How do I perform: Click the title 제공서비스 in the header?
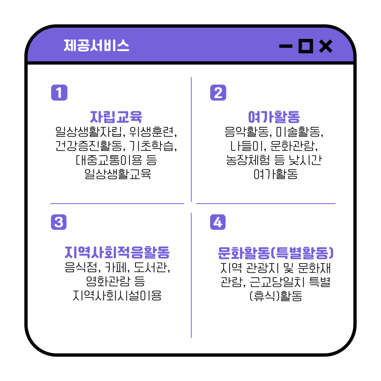(x=96, y=46)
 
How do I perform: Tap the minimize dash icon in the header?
(x=286, y=46)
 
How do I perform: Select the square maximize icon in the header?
(x=306, y=46)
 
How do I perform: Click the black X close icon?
(x=326, y=46)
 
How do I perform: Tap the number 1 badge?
(x=59, y=92)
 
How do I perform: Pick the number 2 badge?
(x=218, y=92)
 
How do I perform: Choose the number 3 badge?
(x=59, y=222)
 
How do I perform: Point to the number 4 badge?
(x=218, y=222)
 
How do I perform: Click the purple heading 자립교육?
(x=116, y=117)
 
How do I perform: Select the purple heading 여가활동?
(x=274, y=117)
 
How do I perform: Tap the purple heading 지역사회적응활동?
(x=117, y=252)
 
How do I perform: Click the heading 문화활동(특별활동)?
(x=276, y=253)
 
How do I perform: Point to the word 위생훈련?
(x=152, y=132)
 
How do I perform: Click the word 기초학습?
(x=152, y=146)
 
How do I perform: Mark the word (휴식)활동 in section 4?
(x=276, y=296)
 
